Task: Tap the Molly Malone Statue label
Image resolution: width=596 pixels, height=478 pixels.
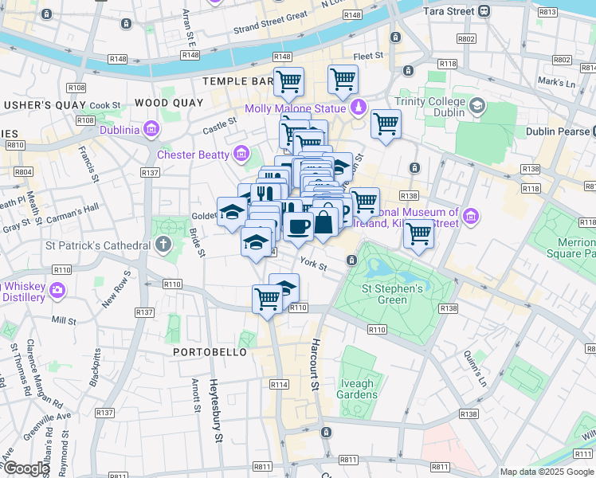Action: [306, 108]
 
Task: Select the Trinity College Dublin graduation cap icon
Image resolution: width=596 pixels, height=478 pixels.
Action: [476, 105]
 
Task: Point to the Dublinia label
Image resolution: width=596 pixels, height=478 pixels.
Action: [120, 130]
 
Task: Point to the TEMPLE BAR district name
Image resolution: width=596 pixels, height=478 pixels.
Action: [238, 81]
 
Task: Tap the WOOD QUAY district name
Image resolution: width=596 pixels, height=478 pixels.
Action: [165, 103]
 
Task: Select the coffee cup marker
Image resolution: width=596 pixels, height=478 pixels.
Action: [299, 226]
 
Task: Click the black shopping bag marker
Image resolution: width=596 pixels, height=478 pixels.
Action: [324, 222]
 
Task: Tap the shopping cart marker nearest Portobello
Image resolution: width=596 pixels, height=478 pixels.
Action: [267, 300]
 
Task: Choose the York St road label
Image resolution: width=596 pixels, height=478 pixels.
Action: [313, 263]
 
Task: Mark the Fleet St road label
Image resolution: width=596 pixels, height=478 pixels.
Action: [368, 56]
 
